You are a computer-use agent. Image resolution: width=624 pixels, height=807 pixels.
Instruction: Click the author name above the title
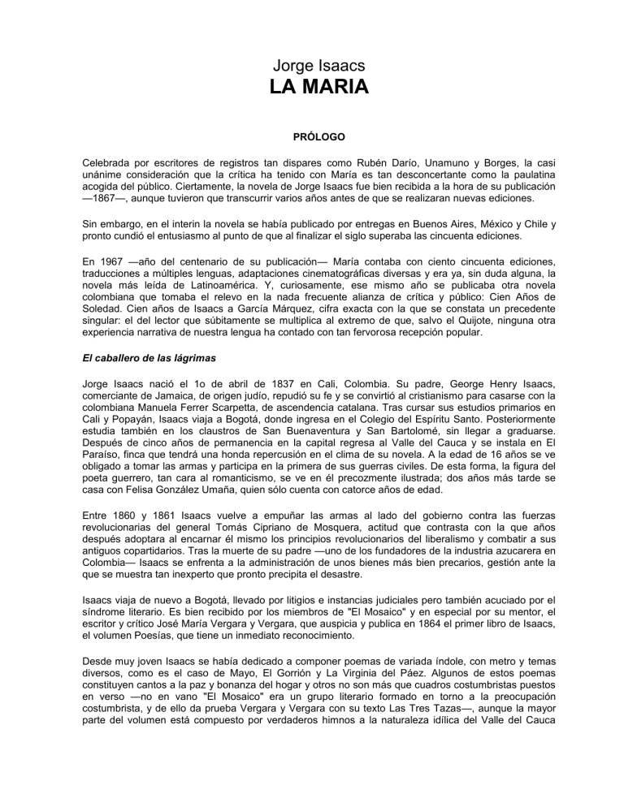312,61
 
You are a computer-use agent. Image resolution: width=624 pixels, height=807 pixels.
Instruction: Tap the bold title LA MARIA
312,86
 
